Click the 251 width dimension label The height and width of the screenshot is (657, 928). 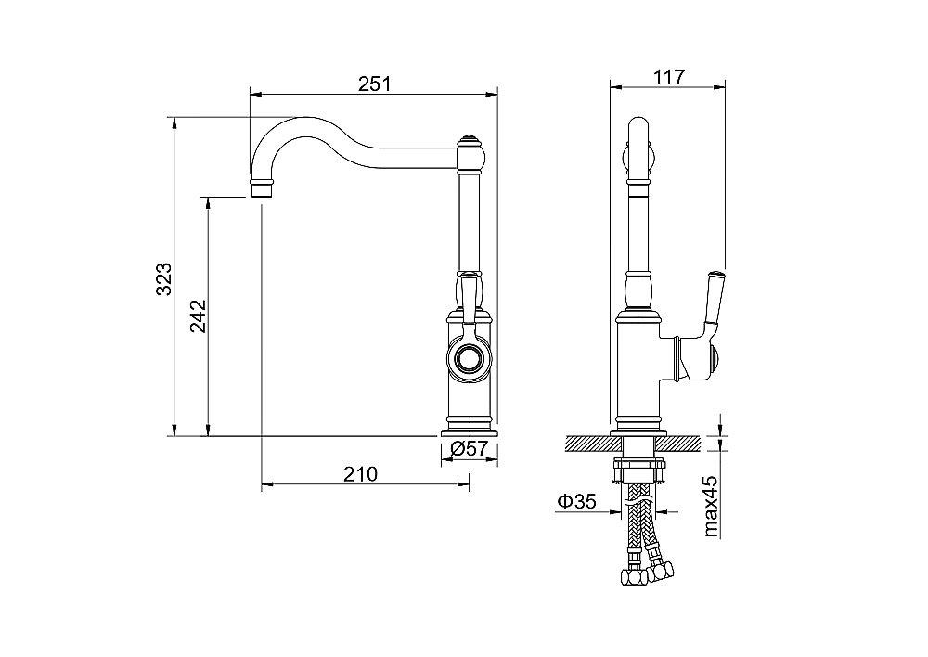375,84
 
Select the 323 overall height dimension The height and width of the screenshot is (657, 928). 163,278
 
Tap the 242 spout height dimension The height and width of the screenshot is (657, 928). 199,316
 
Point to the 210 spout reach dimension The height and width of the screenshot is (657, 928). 360,474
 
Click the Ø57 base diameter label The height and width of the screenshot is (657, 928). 469,448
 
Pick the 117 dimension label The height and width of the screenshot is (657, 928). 669,77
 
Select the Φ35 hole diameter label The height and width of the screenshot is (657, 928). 576,502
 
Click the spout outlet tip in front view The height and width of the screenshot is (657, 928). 263,190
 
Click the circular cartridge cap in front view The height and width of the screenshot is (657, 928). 469,359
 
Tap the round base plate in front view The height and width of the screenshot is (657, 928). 469,432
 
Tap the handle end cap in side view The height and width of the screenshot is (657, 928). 715,359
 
